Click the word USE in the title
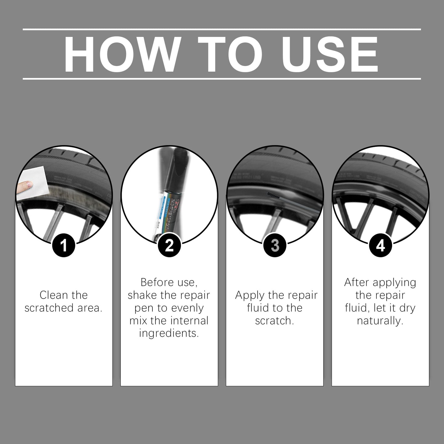tap(329, 54)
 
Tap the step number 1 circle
tap(64, 246)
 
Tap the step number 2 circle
tap(169, 246)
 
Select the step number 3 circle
tap(275, 246)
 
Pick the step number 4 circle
tap(380, 246)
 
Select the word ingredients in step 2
tap(169, 333)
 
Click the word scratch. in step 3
tap(274, 321)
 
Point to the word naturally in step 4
tap(380, 321)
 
